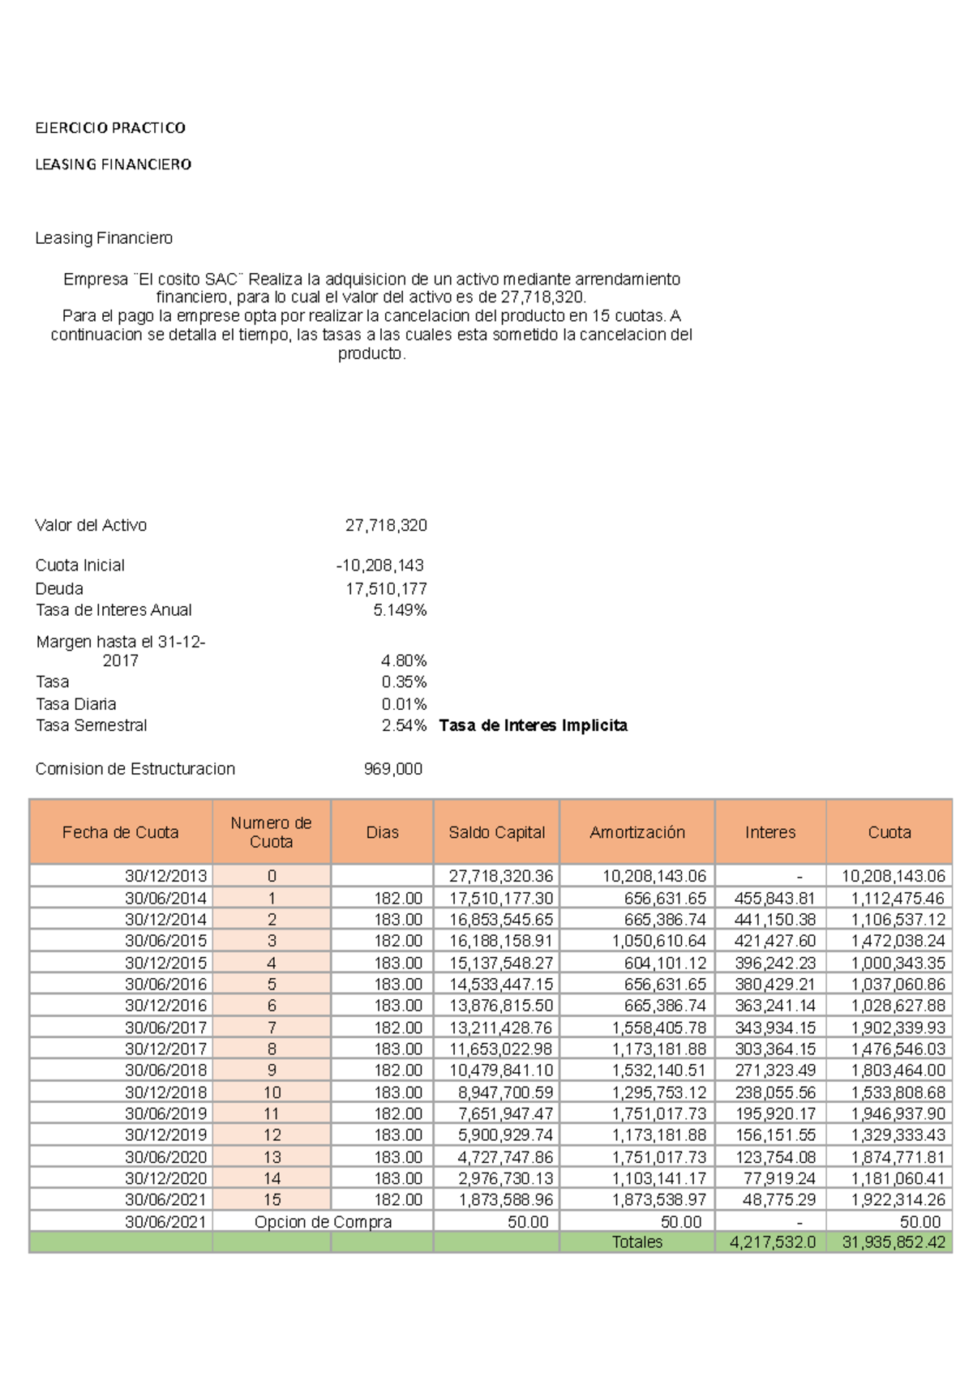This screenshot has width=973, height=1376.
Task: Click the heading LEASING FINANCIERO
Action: pos(114,165)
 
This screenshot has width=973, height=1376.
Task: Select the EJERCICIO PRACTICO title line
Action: pos(110,128)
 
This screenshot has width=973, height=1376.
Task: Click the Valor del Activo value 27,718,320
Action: pos(386,525)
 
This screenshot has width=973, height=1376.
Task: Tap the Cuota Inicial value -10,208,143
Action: pos(379,565)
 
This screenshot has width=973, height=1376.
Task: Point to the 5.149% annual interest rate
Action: pos(400,609)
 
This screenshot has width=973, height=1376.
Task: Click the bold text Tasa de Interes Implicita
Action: pos(533,725)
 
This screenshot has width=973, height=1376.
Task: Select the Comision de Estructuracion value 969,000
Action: pos(392,768)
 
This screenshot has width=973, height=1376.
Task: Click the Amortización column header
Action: pos(637,832)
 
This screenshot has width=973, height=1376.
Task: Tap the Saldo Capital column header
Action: pos(496,832)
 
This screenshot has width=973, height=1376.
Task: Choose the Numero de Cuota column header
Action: pos(271,832)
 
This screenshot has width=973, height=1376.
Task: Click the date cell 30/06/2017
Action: pos(165,1027)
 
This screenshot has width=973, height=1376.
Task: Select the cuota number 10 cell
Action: pos(272,1092)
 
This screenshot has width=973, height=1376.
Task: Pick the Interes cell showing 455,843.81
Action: pos(774,898)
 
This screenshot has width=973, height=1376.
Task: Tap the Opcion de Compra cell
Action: pos(323,1221)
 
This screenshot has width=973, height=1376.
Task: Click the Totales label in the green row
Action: pos(637,1241)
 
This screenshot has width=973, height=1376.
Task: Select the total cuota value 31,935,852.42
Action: pos(893,1241)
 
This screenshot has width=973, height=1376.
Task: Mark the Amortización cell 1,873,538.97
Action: pos(658,1199)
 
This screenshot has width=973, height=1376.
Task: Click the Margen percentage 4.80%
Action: pos(403,660)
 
